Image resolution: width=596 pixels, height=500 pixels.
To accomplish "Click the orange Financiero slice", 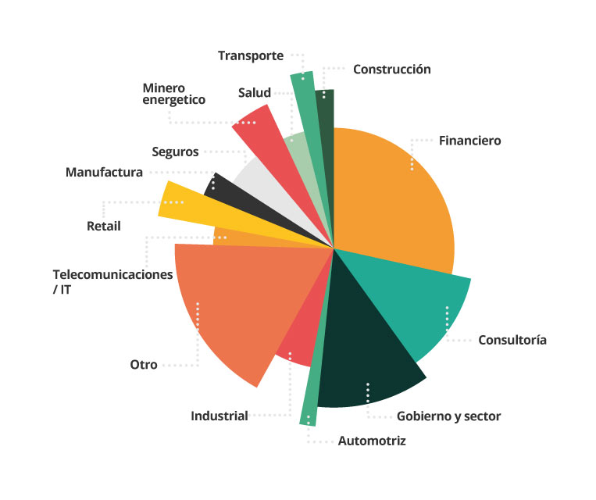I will click(391, 195).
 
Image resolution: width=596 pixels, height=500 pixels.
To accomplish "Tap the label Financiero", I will click(469, 141).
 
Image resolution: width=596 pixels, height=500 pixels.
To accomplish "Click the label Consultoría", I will click(512, 340).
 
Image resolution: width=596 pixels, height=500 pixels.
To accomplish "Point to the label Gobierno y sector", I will click(448, 416).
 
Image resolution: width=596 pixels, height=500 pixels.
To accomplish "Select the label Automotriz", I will click(372, 441).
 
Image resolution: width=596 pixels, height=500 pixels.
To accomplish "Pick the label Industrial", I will click(219, 416).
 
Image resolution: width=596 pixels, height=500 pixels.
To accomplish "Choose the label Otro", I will click(144, 365).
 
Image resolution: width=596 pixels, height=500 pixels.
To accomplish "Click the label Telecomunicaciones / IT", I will click(112, 281).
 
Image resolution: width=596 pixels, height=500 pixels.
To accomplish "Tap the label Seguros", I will click(175, 152).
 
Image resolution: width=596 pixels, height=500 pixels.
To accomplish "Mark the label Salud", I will click(255, 93).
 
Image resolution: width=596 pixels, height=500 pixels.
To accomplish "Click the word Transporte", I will click(250, 55).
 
